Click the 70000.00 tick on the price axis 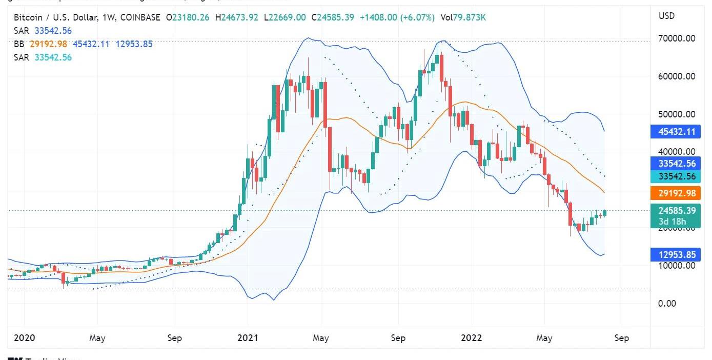point(677,38)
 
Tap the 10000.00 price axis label point(677,266)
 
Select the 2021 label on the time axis point(248,338)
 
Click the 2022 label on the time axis point(471,338)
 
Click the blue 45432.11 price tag point(677,132)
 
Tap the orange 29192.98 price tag point(677,193)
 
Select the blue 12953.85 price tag point(677,254)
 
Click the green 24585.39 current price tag point(677,211)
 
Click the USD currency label point(666,16)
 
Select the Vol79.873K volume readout point(463,18)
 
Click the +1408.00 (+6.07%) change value point(397,18)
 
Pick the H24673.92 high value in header point(237,18)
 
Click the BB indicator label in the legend point(19,44)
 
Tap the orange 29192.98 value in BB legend point(48,44)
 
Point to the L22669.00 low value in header point(284,18)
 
